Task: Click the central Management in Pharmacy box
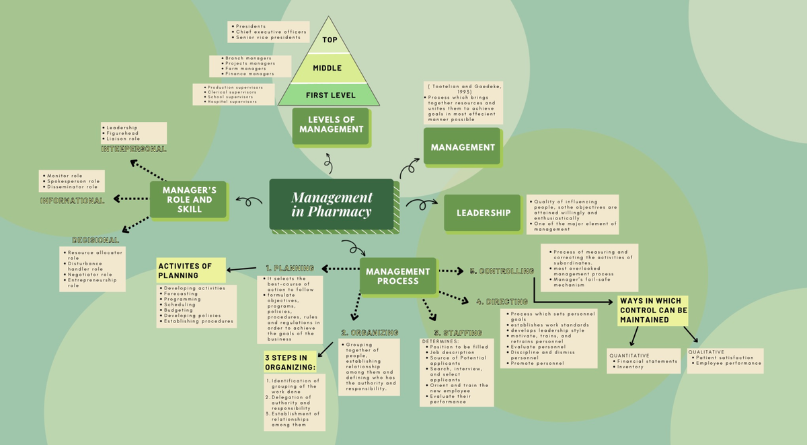pos(331,204)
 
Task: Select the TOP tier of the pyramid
pos(330,40)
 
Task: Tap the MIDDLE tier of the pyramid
pos(328,68)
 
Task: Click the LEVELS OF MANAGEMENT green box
pos(331,125)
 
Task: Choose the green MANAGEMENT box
pos(462,147)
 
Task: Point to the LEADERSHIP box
pos(483,213)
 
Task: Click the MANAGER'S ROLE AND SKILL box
pos(188,199)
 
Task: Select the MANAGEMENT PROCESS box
pos(397,276)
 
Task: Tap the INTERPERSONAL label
pos(134,149)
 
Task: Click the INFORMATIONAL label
pos(73,200)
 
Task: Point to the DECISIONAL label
pos(95,240)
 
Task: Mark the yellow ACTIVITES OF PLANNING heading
pos(190,271)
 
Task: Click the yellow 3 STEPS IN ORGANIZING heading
pos(290,362)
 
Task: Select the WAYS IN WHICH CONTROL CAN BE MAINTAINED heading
pos(653,310)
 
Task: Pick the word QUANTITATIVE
pos(629,355)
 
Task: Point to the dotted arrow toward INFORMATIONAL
pos(131,199)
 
